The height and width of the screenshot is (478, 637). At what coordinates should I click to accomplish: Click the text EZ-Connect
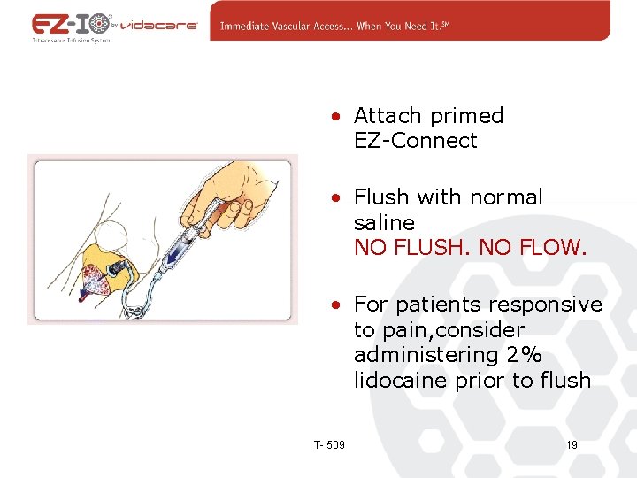coord(415,141)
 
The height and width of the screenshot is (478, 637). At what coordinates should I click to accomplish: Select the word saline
coord(384,222)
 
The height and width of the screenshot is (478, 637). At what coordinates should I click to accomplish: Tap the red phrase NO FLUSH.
coord(412,248)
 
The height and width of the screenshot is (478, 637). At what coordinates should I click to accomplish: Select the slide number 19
coord(571,444)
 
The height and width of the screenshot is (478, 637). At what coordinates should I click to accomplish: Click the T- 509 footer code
coord(329,444)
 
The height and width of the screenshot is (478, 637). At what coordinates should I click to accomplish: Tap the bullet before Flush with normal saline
coord(338,198)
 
